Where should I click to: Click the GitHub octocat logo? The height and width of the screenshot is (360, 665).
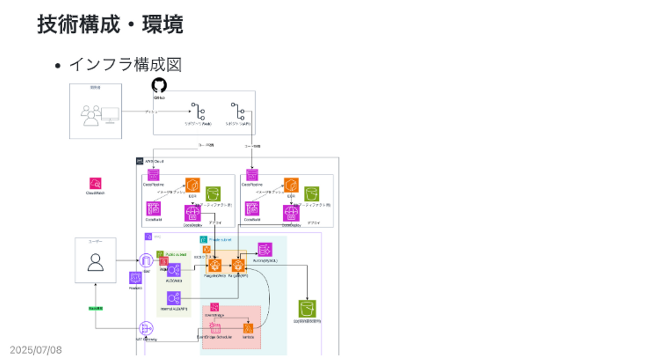tap(159, 85)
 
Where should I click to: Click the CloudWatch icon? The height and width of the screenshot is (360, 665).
tap(96, 183)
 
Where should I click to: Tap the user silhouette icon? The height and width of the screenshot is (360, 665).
tap(96, 262)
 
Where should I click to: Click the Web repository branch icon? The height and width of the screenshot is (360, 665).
tap(198, 111)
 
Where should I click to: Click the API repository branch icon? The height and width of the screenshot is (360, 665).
tap(238, 111)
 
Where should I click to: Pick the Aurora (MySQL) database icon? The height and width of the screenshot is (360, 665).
tap(265, 250)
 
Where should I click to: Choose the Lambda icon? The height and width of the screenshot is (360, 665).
tap(248, 329)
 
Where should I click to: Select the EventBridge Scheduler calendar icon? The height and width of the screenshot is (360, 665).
tap(215, 328)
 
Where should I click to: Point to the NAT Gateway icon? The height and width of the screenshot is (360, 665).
tap(146, 329)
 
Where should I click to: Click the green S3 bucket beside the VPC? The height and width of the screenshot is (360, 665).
tap(307, 308)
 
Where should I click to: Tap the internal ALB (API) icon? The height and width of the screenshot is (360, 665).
tap(174, 298)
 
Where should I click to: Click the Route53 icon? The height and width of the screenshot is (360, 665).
tap(135, 278)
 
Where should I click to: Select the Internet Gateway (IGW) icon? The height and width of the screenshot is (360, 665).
tap(146, 261)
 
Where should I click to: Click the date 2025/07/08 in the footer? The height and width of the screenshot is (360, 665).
tap(36, 350)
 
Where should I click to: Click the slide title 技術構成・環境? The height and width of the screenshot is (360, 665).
tap(110, 24)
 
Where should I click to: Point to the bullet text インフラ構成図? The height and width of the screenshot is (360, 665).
tap(125, 65)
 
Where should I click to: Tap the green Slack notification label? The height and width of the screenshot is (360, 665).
tap(96, 308)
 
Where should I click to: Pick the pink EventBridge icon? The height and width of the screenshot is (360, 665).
tap(214, 307)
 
